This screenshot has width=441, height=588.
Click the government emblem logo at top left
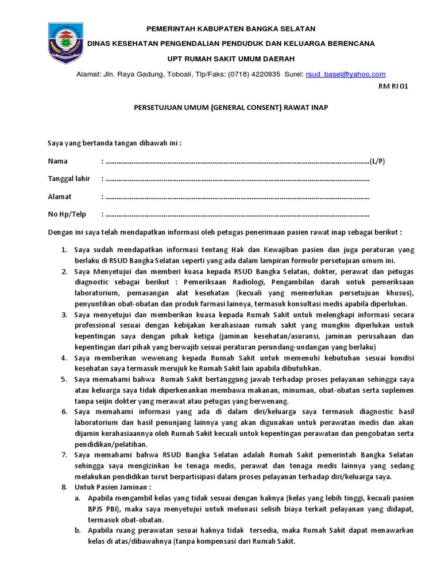pyautogui.click(x=65, y=43)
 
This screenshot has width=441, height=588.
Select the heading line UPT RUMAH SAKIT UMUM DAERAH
pyautogui.click(x=231, y=59)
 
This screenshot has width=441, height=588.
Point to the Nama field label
pyautogui.click(x=58, y=161)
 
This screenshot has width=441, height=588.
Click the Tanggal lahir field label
pyautogui.click(x=68, y=179)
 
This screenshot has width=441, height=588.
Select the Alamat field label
pyautogui.click(x=60, y=196)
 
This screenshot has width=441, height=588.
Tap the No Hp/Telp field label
pyautogui.click(x=67, y=214)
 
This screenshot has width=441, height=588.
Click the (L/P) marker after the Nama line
pyautogui.click(x=377, y=161)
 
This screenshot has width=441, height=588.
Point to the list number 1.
pyautogui.click(x=64, y=250)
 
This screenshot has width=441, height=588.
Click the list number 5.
pyautogui.click(x=64, y=380)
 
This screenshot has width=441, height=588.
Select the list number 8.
pyautogui.click(x=64, y=486)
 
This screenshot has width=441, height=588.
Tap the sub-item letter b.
pyautogui.click(x=77, y=530)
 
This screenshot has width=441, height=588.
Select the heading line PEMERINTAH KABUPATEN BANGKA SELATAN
pyautogui.click(x=231, y=28)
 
